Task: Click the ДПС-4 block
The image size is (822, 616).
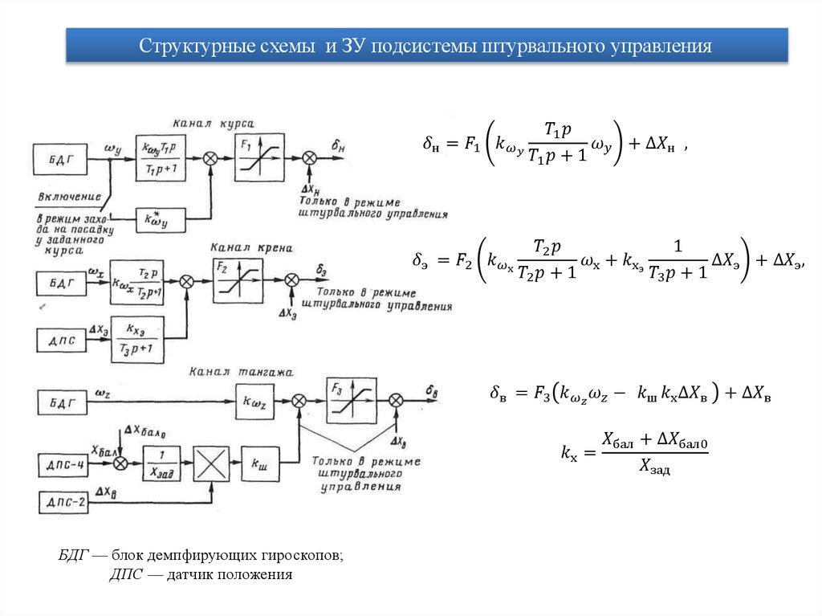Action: (65, 464)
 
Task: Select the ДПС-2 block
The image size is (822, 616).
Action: (65, 504)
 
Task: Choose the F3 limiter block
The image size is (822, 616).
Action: (351, 400)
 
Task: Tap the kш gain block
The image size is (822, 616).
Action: (259, 464)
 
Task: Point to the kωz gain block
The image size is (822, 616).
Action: (258, 400)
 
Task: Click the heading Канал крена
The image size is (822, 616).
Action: (251, 247)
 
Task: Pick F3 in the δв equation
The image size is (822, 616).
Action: (539, 394)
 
